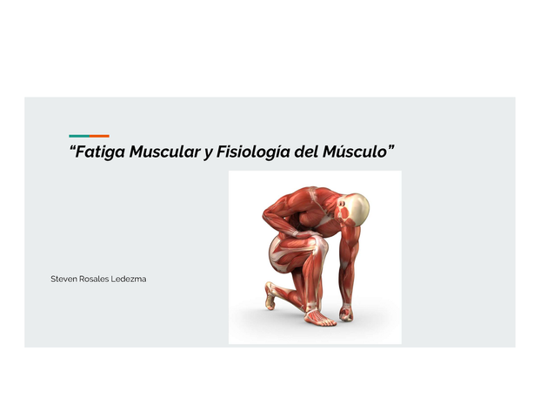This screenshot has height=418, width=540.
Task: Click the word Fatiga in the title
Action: (x=99, y=152)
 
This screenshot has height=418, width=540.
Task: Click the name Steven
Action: (x=65, y=279)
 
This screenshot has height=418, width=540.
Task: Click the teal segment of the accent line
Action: (x=78, y=136)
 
